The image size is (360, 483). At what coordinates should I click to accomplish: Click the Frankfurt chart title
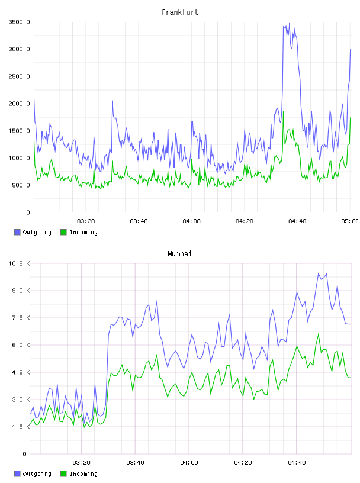click(x=180, y=12)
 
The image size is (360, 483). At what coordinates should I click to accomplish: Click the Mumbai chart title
click(x=179, y=254)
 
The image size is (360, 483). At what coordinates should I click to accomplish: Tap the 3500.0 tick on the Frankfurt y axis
click(x=19, y=22)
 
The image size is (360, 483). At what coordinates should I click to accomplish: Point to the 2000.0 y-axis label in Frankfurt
click(x=19, y=104)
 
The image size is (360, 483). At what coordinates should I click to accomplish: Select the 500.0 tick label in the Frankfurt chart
click(x=21, y=185)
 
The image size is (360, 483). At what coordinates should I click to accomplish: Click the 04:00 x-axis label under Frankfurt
click(x=191, y=221)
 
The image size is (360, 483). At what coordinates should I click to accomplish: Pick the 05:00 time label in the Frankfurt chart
click(x=350, y=221)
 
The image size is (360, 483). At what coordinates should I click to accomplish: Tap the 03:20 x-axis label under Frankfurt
click(x=86, y=221)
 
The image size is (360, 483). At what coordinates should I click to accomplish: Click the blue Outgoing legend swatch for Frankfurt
click(x=17, y=232)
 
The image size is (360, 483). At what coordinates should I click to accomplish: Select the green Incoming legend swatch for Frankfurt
click(x=63, y=232)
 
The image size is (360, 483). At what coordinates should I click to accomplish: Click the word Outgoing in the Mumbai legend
click(x=37, y=474)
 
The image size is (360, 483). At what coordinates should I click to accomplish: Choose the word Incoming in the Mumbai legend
click(x=83, y=474)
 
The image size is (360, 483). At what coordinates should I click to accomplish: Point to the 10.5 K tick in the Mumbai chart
click(x=19, y=263)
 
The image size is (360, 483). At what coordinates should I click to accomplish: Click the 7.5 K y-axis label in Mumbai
click(x=21, y=318)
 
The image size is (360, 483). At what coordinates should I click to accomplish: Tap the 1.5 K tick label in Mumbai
click(x=21, y=427)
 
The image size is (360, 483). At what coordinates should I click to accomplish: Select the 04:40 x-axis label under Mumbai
click(x=297, y=463)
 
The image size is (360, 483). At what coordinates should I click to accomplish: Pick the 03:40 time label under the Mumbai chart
click(x=136, y=463)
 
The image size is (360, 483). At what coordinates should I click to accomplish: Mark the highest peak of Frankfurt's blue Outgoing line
click(x=289, y=23)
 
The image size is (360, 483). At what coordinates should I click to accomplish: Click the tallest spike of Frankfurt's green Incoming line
click(x=283, y=111)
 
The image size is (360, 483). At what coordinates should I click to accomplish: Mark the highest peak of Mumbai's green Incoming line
click(x=319, y=334)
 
